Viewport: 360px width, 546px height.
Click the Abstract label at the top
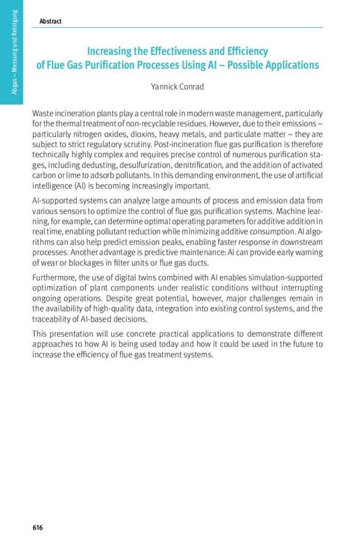[x=50, y=21]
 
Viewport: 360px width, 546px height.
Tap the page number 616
[x=37, y=528]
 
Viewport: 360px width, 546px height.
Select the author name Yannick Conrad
[x=178, y=86]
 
